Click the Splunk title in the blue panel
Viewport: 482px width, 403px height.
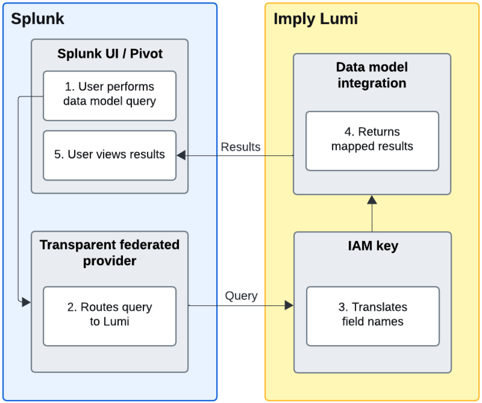point(37,19)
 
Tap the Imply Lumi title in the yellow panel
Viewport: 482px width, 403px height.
point(315,19)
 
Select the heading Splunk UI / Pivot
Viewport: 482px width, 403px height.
point(110,54)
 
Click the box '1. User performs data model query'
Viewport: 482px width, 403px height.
point(110,95)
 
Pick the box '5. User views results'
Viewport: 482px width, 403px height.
point(110,155)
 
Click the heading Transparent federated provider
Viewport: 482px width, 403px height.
point(110,253)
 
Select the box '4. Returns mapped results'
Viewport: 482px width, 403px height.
point(372,141)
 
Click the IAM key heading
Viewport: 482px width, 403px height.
point(373,246)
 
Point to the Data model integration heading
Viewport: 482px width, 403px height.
point(372,75)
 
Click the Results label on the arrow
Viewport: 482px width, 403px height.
point(240,147)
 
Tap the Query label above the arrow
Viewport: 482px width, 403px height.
point(241,296)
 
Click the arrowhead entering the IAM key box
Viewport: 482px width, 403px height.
point(289,305)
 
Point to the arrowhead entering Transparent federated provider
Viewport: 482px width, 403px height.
point(26,302)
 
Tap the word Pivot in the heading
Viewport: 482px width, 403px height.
point(146,54)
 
